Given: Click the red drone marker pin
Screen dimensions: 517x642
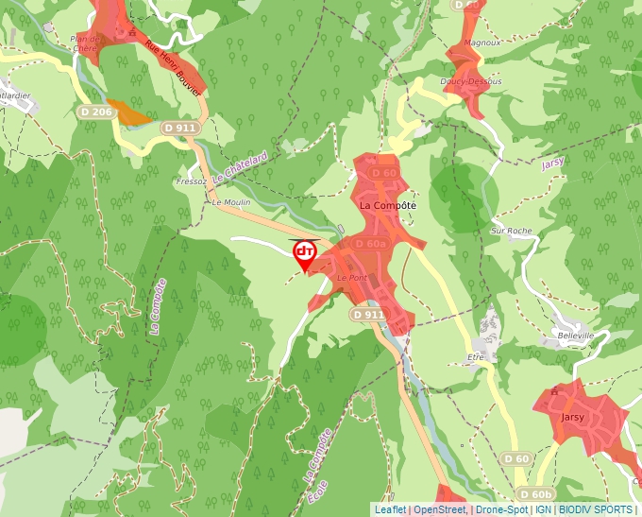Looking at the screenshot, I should click(305, 253).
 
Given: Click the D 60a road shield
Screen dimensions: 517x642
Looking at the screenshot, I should click(371, 244).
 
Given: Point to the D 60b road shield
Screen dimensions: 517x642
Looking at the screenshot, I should click(535, 494).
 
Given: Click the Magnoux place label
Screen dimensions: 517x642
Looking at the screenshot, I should click(482, 43).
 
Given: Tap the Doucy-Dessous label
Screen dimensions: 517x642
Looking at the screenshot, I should click(471, 81).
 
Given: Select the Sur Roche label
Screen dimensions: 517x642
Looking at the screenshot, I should click(512, 231).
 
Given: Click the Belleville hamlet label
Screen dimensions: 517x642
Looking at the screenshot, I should click(576, 336).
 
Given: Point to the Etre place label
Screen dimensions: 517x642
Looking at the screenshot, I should click(475, 357).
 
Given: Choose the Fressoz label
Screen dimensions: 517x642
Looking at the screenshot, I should click(191, 181).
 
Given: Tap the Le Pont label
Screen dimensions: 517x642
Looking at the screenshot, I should click(351, 279).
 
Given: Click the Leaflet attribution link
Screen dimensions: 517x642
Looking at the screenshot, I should click(390, 509).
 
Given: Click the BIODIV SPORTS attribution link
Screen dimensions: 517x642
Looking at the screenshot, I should click(595, 509).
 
